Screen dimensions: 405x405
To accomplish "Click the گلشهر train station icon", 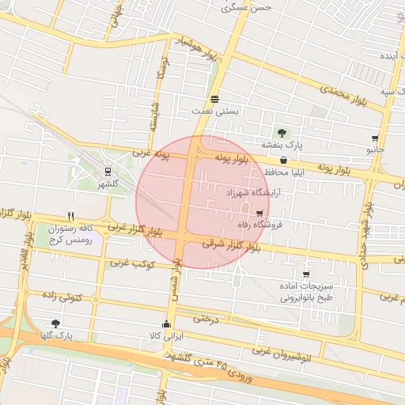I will [x=108, y=170].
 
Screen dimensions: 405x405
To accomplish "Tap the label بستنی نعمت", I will [x=216, y=112].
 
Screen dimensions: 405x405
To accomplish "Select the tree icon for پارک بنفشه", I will [x=282, y=132].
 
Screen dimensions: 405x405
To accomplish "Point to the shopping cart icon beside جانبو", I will [x=375, y=138].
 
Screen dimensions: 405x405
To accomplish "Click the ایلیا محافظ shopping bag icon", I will [x=283, y=161].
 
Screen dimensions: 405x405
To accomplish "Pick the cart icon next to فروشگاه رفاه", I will [x=259, y=213].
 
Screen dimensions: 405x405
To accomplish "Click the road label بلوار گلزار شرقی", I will [x=229, y=245].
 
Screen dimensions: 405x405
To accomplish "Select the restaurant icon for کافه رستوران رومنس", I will [x=70, y=216].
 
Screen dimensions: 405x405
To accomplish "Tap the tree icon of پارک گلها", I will [x=55, y=324].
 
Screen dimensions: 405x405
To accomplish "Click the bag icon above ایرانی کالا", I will [x=166, y=324].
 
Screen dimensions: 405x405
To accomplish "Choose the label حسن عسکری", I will [x=250, y=7].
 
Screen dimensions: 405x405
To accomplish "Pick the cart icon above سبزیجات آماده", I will [x=306, y=274].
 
